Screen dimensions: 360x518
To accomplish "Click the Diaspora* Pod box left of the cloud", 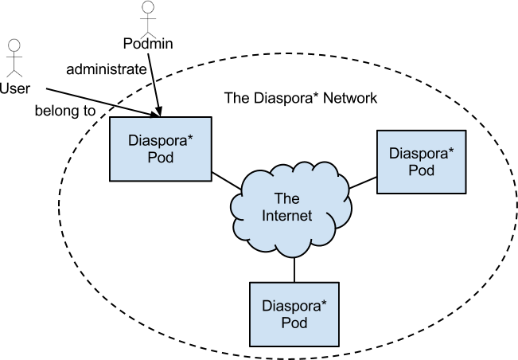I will (x=160, y=149).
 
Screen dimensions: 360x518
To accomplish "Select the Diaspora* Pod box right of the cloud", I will (x=421, y=162).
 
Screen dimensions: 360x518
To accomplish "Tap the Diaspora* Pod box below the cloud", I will (x=294, y=315).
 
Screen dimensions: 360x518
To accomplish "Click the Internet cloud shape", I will (x=291, y=207).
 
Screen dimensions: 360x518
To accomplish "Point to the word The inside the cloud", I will (x=286, y=198).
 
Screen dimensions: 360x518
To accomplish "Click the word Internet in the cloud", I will (x=287, y=216).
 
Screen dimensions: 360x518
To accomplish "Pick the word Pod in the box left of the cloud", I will (x=160, y=158).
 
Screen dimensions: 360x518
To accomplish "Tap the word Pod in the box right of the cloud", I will (x=422, y=170).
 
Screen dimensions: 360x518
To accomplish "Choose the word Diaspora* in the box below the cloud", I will (x=294, y=306).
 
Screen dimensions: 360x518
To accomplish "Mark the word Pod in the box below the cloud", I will (x=294, y=323).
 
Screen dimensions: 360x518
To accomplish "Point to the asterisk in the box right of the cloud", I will (x=450, y=150).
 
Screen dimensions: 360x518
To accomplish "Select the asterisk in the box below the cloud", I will (x=323, y=303).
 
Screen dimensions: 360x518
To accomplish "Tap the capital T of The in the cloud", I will (x=278, y=198).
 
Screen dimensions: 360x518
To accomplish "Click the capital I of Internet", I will (x=264, y=216).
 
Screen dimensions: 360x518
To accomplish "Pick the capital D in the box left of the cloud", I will (x=133, y=141).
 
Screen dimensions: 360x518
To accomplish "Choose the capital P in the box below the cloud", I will (x=286, y=323).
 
